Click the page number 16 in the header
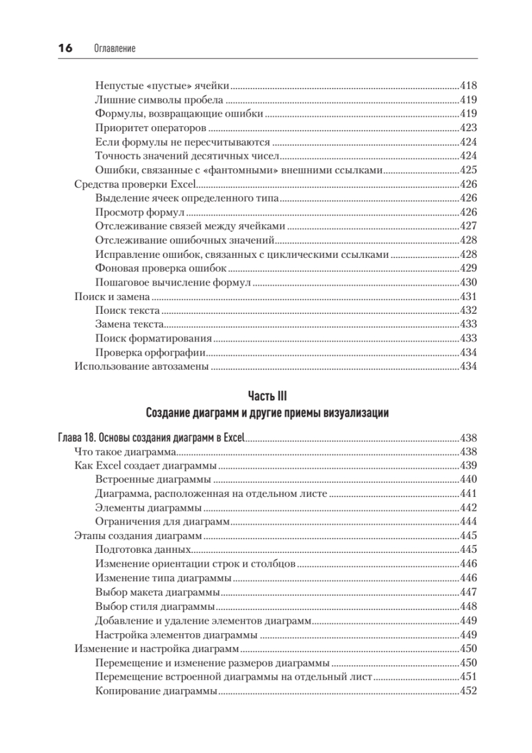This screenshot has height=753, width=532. click(x=65, y=48)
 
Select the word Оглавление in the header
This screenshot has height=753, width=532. click(x=114, y=49)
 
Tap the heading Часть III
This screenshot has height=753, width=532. click(x=267, y=396)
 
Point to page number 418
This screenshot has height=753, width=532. click(x=469, y=85)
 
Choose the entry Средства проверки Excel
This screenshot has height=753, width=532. click(x=135, y=184)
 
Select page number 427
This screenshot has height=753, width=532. click(x=469, y=227)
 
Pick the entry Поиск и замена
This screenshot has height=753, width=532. click(x=112, y=297)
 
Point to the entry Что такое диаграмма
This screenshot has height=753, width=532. click(x=124, y=452)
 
